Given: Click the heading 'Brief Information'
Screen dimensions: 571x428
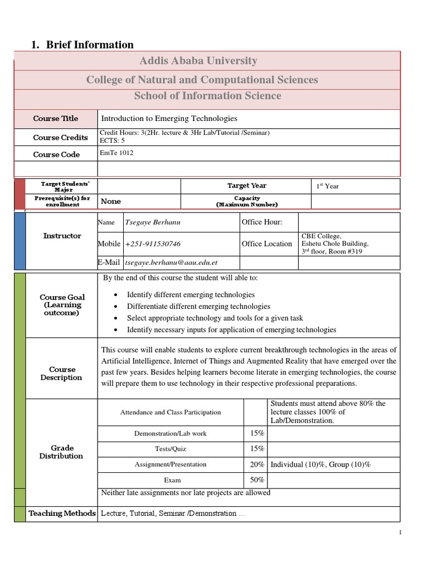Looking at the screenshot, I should click(89, 45).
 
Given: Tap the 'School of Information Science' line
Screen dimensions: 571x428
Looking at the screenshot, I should click(207, 96).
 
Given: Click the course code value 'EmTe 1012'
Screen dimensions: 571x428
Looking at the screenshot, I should click(116, 153).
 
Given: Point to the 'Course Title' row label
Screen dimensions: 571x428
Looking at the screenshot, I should click(56, 119).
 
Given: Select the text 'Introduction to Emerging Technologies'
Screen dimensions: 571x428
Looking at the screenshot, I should click(169, 119).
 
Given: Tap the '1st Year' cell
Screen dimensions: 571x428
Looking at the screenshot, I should click(328, 186).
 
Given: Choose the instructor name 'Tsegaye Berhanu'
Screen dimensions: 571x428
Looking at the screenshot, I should click(153, 222).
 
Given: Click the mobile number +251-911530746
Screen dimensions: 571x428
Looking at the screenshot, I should click(153, 244).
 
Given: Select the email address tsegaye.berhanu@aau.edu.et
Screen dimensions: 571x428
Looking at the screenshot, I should click(171, 263).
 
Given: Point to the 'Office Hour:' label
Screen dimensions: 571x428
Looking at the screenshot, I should click(262, 222).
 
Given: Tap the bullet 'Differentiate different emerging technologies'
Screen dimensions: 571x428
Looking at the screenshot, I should click(198, 306).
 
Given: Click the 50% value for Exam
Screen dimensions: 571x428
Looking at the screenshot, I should click(257, 480).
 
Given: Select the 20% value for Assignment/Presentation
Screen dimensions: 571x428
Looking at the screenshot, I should click(257, 464).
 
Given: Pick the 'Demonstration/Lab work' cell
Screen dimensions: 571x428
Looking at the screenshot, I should click(171, 433).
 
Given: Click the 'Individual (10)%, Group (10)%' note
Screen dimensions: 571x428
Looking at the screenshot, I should click(320, 464).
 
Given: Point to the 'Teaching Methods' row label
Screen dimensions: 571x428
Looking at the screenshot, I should click(62, 514).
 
